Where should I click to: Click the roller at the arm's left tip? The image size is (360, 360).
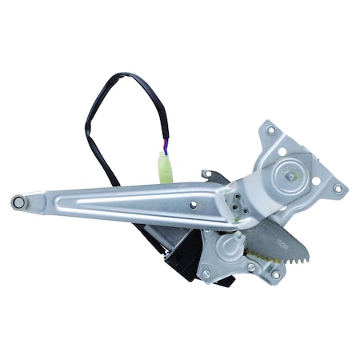18,202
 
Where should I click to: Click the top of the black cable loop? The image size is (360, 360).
128,78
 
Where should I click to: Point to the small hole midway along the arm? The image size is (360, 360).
193,204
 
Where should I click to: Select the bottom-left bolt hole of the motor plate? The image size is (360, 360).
206,274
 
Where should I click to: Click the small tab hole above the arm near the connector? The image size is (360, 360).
206,174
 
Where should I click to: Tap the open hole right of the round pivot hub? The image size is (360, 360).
315,180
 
